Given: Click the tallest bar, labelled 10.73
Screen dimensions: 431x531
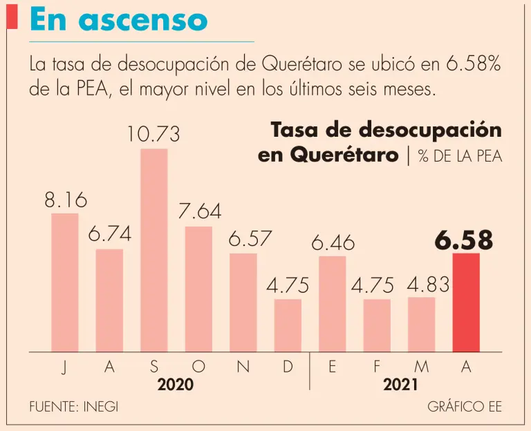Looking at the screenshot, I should tap(154, 250).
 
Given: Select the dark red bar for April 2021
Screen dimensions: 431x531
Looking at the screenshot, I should tap(466, 303).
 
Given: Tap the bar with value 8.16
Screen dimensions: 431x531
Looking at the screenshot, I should tap(65, 282).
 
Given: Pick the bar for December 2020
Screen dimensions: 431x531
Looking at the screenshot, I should tap(288, 325).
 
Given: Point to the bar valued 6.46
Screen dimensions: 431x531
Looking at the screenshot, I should tap(333, 304).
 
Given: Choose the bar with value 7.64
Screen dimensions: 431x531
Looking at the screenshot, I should tap(198, 289).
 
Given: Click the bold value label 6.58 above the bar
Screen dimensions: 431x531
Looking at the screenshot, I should tap(464, 240).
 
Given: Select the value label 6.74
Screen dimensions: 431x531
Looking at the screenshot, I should tap(109, 235).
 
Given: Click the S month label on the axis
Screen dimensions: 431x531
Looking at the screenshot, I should tap(154, 368).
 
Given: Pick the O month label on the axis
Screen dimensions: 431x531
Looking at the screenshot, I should tap(198, 368).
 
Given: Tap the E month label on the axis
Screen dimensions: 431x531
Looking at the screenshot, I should tap(333, 368).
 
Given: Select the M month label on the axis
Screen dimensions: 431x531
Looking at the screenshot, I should tap(421, 368).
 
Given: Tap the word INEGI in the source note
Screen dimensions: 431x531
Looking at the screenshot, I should tap(101, 407).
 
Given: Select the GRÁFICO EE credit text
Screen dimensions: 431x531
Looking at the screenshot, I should tap(465, 407).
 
